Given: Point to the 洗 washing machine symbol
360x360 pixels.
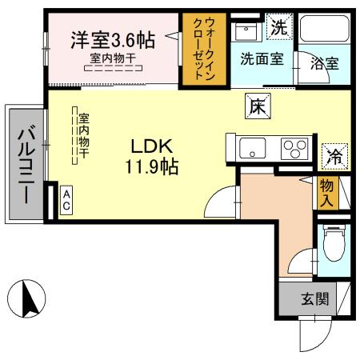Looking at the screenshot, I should tap(277, 26).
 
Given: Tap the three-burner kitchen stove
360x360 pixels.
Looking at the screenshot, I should tap(294, 149).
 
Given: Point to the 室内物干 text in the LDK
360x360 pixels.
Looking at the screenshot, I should tap(83, 137).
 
